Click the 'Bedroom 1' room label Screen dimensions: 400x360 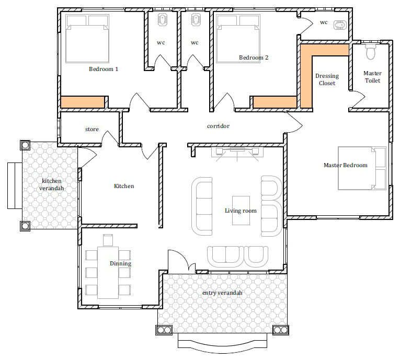click(x=104, y=69)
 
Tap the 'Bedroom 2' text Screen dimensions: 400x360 click(x=254, y=57)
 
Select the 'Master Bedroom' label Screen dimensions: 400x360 click(x=346, y=165)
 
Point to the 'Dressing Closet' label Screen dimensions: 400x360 click(x=327, y=79)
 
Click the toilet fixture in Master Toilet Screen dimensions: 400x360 click(x=371, y=52)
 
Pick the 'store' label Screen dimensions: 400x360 click(x=92, y=129)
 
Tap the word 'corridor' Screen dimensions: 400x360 click(x=218, y=126)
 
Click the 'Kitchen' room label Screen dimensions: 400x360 click(x=124, y=186)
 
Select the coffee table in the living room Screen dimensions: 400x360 click(x=241, y=211)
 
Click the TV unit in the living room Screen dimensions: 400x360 click(x=237, y=152)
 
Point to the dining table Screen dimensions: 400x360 click(x=108, y=272)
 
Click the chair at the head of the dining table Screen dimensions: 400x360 click(x=108, y=240)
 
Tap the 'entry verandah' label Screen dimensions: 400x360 click(x=222, y=293)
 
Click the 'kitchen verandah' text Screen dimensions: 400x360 click(x=52, y=184)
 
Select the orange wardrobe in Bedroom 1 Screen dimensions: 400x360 click(x=83, y=102)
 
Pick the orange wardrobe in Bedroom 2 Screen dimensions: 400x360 click(x=275, y=102)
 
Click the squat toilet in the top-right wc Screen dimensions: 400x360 click(x=340, y=25)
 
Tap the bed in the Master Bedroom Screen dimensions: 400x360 click(x=362, y=168)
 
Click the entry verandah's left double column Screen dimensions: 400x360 click(x=164, y=330)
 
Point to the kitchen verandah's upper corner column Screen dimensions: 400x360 click(x=25, y=145)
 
